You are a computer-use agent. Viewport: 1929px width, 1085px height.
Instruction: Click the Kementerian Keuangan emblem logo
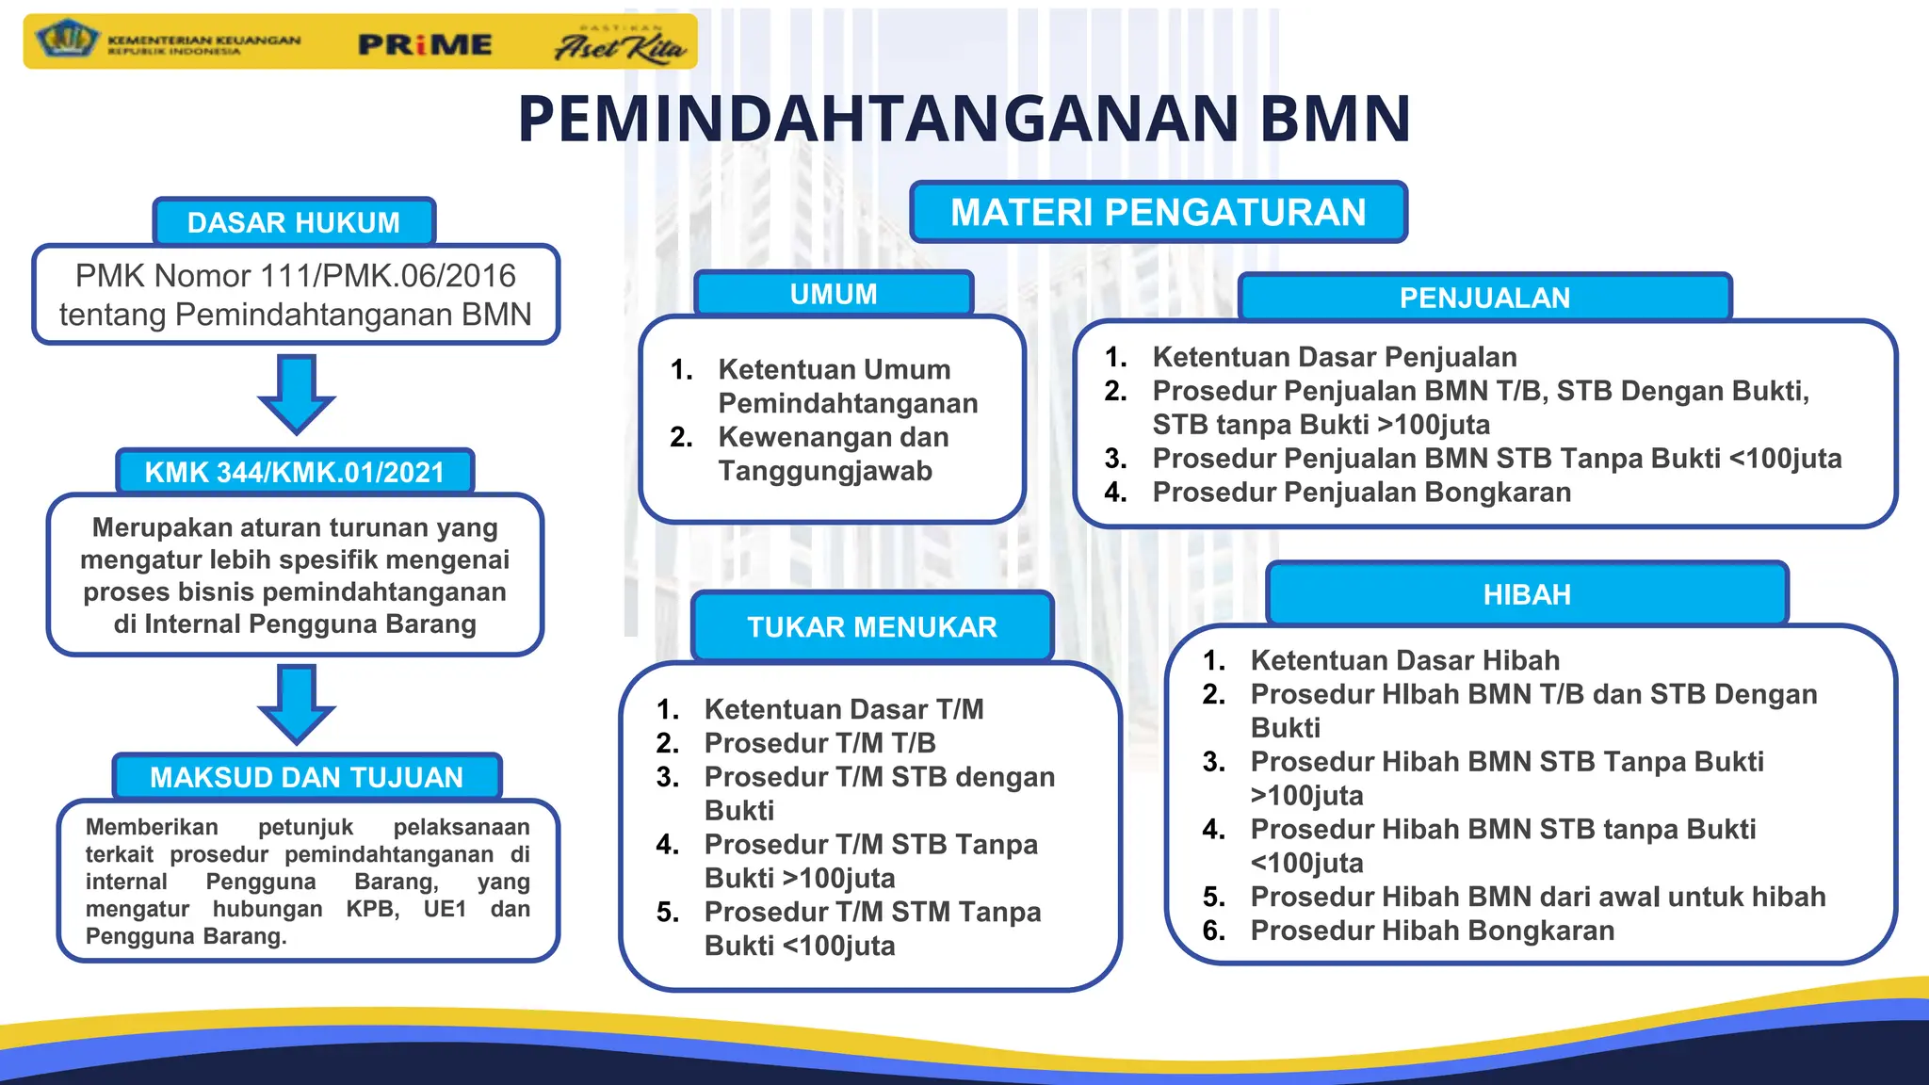(x=66, y=40)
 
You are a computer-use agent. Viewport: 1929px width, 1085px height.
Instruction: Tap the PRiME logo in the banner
(x=425, y=44)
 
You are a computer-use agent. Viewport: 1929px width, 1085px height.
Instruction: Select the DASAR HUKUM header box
(x=294, y=222)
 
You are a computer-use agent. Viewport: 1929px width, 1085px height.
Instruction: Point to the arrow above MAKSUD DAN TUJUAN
(x=297, y=704)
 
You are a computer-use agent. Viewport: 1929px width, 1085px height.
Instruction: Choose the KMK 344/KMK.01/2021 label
(x=294, y=472)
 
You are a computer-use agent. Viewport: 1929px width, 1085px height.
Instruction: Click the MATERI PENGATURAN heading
(x=1158, y=212)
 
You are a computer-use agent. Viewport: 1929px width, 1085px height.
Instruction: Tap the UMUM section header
(x=834, y=294)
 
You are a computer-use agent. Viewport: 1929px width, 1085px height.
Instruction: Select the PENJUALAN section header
(x=1484, y=298)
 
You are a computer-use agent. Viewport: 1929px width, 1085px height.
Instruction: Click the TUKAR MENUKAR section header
(x=871, y=627)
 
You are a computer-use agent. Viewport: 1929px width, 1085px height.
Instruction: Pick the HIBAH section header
(x=1527, y=594)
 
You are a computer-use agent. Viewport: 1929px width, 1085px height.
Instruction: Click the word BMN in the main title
(x=1335, y=119)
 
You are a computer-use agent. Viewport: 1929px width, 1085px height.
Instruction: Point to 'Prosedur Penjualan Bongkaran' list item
(x=1361, y=492)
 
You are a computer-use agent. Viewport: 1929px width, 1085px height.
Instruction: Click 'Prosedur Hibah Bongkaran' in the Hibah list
(x=1432, y=931)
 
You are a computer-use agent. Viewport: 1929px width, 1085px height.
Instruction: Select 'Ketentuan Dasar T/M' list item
(x=843, y=709)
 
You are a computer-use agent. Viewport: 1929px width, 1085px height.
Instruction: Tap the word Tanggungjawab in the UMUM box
(x=825, y=471)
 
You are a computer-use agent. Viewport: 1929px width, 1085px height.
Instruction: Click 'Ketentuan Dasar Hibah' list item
(x=1404, y=660)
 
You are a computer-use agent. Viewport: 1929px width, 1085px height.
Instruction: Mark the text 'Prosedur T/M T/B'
(x=819, y=743)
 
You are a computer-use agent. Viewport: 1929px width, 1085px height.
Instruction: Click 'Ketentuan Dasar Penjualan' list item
(x=1334, y=357)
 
